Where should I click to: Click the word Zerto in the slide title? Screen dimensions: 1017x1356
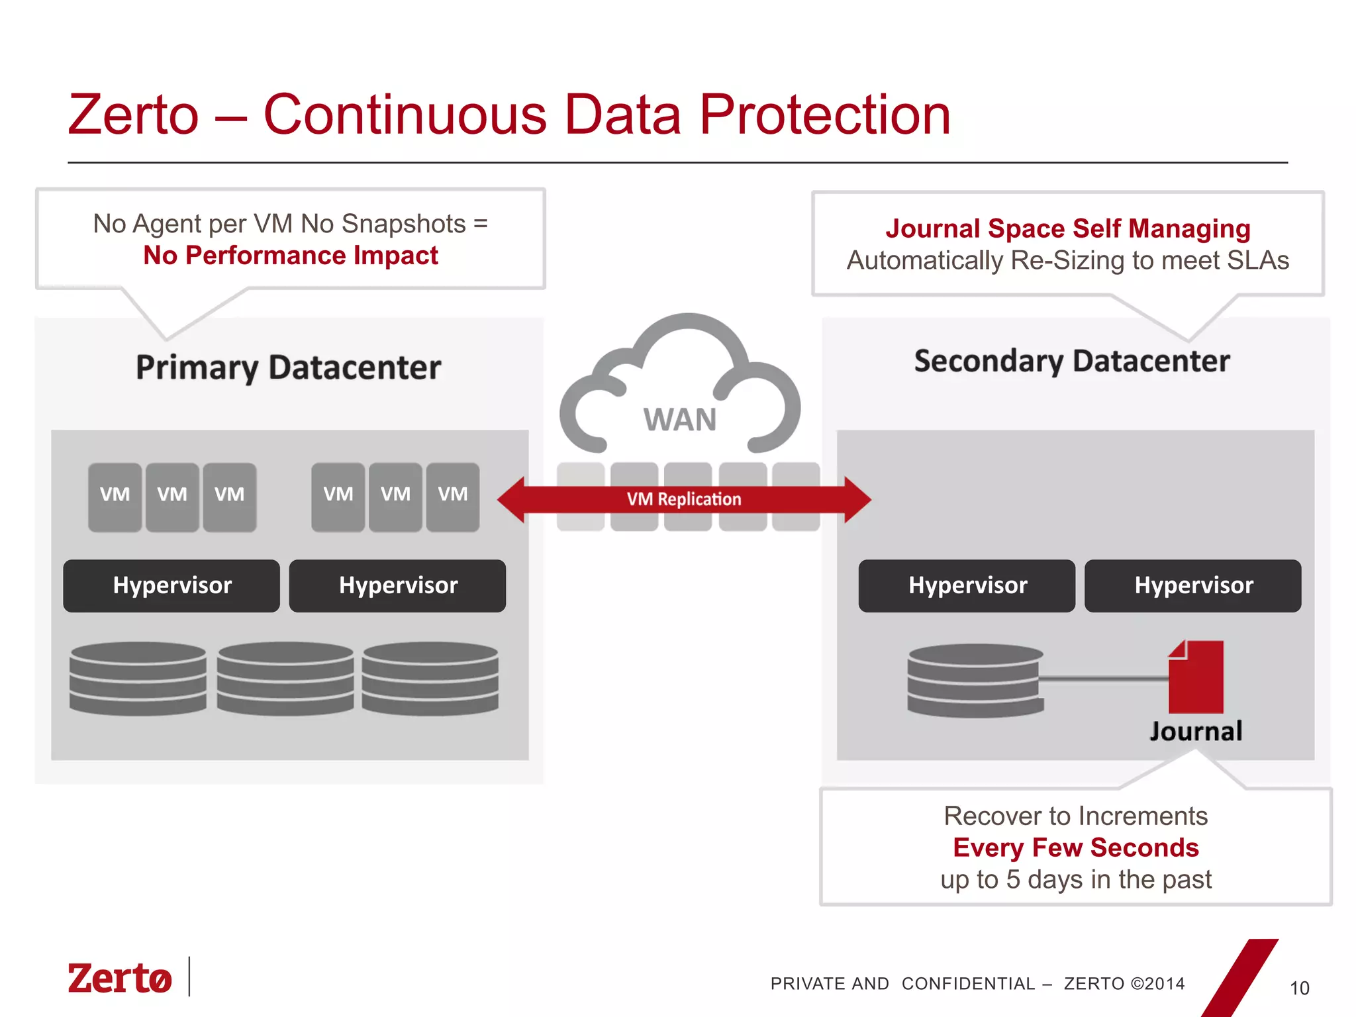pos(133,115)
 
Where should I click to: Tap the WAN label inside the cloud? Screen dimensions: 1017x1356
pos(680,420)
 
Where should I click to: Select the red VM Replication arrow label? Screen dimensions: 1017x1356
pos(684,499)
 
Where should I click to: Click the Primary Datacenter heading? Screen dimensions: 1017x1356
pos(288,367)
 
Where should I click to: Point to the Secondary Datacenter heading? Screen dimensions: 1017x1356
pos(1071,362)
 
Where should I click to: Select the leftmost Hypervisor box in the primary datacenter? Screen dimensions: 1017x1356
pos(171,586)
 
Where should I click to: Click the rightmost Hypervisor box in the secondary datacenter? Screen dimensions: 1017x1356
pos(1192,586)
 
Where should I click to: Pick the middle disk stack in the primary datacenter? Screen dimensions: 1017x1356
pos(285,679)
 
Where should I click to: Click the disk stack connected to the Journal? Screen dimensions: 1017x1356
pos(975,681)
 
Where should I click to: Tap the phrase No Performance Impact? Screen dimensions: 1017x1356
pos(291,256)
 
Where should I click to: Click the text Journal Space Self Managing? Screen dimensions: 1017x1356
pos(1067,228)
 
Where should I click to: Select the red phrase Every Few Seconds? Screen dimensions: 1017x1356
pos(1075,847)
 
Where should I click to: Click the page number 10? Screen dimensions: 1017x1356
pos(1299,989)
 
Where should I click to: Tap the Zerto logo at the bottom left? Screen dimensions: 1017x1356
pos(120,979)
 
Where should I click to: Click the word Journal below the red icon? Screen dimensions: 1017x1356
pos(1196,732)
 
